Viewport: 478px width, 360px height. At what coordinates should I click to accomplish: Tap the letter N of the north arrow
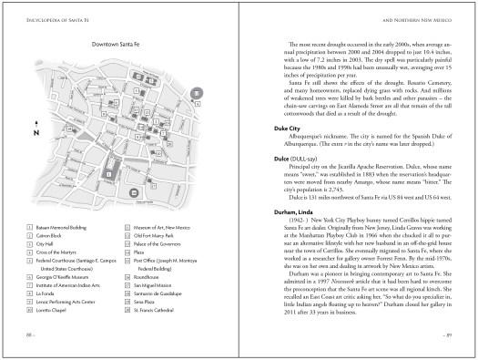[34, 132]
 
